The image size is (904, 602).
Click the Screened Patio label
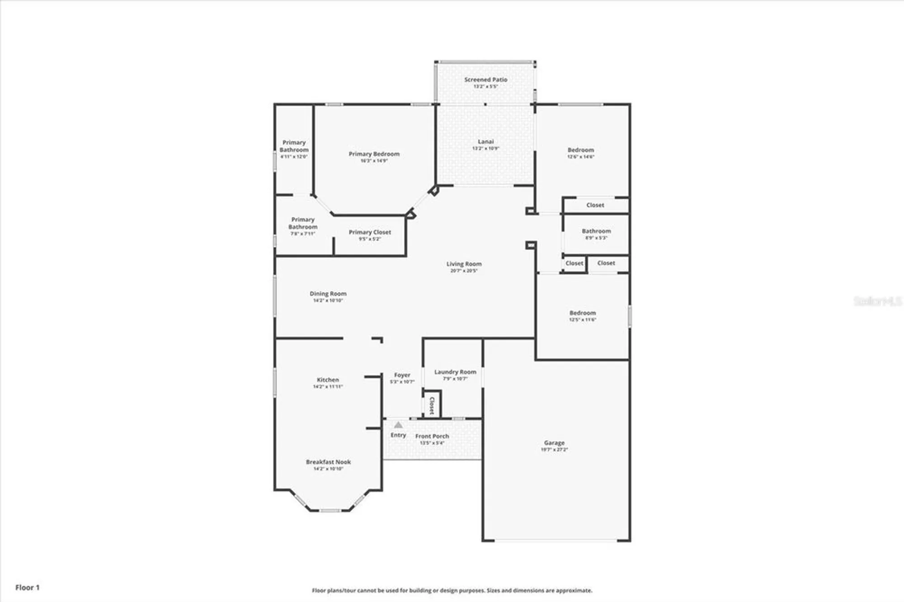pos(485,80)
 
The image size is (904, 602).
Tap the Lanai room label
pos(485,141)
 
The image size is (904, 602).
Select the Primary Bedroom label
pos(374,154)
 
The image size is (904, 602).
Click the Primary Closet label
pos(370,232)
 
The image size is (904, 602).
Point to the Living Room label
pos(464,264)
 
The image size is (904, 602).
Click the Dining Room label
pos(328,294)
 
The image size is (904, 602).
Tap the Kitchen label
pos(328,380)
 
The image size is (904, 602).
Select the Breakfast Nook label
pos(328,462)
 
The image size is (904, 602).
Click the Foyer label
pos(402,375)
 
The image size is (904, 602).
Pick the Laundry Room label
pos(455,372)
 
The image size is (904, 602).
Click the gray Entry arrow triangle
pos(398,425)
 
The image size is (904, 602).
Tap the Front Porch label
pos(432,436)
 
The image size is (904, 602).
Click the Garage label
pos(554,443)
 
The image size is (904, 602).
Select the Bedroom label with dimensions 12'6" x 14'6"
pos(581,150)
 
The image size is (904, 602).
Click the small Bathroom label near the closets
pos(596,231)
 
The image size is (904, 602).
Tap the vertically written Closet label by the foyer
pos(432,405)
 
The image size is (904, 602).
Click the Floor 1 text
pos(28,588)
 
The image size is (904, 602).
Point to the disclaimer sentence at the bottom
pos(452,590)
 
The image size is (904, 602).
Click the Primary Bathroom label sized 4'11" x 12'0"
pos(294,146)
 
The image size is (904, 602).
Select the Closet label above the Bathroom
pos(595,205)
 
